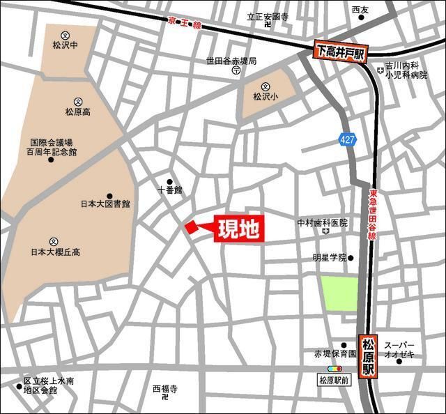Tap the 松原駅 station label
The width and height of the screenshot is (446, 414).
coord(369,355)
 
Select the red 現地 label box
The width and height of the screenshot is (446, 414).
coord(238,229)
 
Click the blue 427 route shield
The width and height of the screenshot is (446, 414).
coord(348,139)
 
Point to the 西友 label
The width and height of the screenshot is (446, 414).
coord(360,9)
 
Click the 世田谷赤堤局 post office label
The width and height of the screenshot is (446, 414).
coord(231,61)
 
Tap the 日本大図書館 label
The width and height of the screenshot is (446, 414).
coord(105,204)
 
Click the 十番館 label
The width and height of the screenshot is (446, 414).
coord(169,189)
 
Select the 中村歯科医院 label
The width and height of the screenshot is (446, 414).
coord(322,223)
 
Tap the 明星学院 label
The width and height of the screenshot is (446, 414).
coord(329,257)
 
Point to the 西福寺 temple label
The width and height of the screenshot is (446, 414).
coord(166,388)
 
